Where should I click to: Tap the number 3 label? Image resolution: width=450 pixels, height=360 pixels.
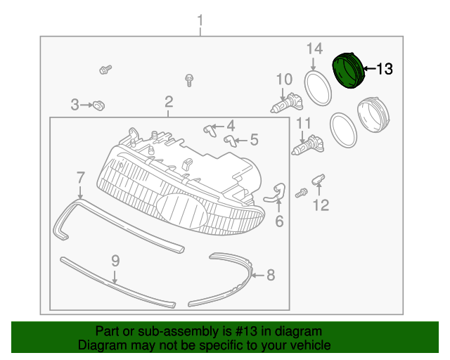click(x=75, y=105)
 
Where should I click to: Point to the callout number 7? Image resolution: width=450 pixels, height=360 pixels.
click(x=80, y=177)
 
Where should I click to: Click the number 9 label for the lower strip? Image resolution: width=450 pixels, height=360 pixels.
click(x=115, y=262)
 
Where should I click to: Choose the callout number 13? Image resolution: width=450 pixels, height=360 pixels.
click(x=385, y=69)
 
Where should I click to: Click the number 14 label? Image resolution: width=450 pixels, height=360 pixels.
click(x=314, y=49)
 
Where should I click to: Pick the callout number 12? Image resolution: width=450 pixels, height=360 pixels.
click(x=321, y=205)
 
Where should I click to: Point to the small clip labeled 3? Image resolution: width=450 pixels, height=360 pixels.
click(x=98, y=105)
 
